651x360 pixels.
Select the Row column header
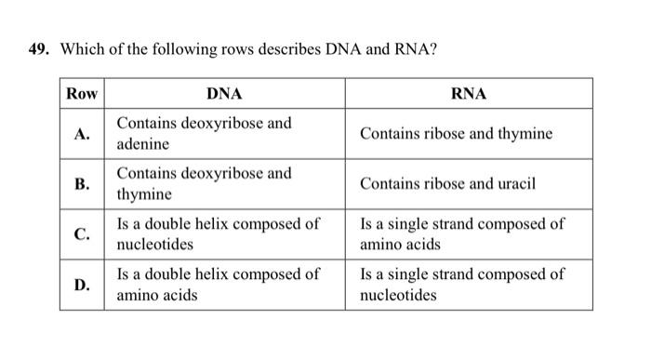82,93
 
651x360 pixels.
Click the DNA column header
223,93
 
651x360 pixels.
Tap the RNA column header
468,93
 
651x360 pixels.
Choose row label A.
82,134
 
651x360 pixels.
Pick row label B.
82,184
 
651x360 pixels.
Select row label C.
82,234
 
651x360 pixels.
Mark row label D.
82,285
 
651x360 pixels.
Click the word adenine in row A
142,145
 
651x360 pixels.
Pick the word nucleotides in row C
154,245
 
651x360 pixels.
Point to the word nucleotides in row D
397,296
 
